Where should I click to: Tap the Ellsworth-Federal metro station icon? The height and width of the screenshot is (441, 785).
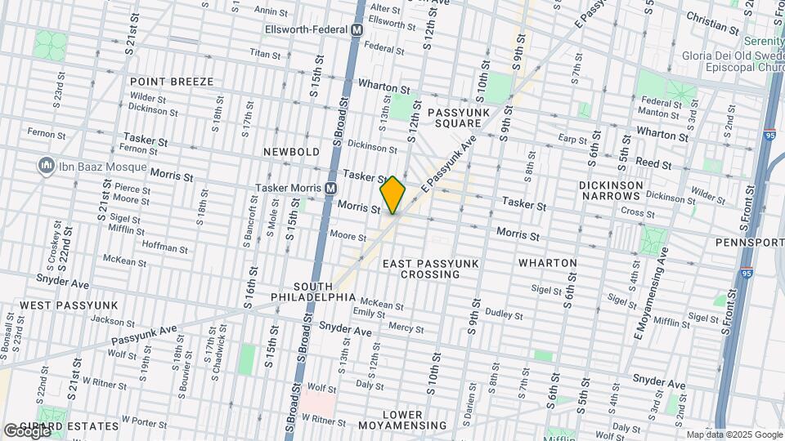click(357, 29)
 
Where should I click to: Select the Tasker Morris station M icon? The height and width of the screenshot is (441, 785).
click(330, 187)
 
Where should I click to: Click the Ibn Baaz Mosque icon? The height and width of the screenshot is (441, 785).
click(46, 167)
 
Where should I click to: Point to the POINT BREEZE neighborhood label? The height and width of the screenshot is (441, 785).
click(171, 82)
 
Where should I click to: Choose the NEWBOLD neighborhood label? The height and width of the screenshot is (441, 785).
click(290, 152)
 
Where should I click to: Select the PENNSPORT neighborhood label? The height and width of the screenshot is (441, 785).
click(748, 243)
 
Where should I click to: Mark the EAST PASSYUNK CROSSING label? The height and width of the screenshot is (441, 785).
click(430, 269)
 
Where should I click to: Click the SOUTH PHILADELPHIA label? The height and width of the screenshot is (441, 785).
click(302, 292)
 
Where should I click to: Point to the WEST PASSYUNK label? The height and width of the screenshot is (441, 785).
click(69, 305)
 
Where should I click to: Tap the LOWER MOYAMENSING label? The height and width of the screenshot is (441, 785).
click(415, 420)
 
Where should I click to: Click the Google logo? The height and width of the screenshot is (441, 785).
click(26, 431)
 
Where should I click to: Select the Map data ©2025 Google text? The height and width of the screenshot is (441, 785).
click(733, 434)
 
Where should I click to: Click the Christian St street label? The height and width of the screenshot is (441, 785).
click(711, 21)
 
